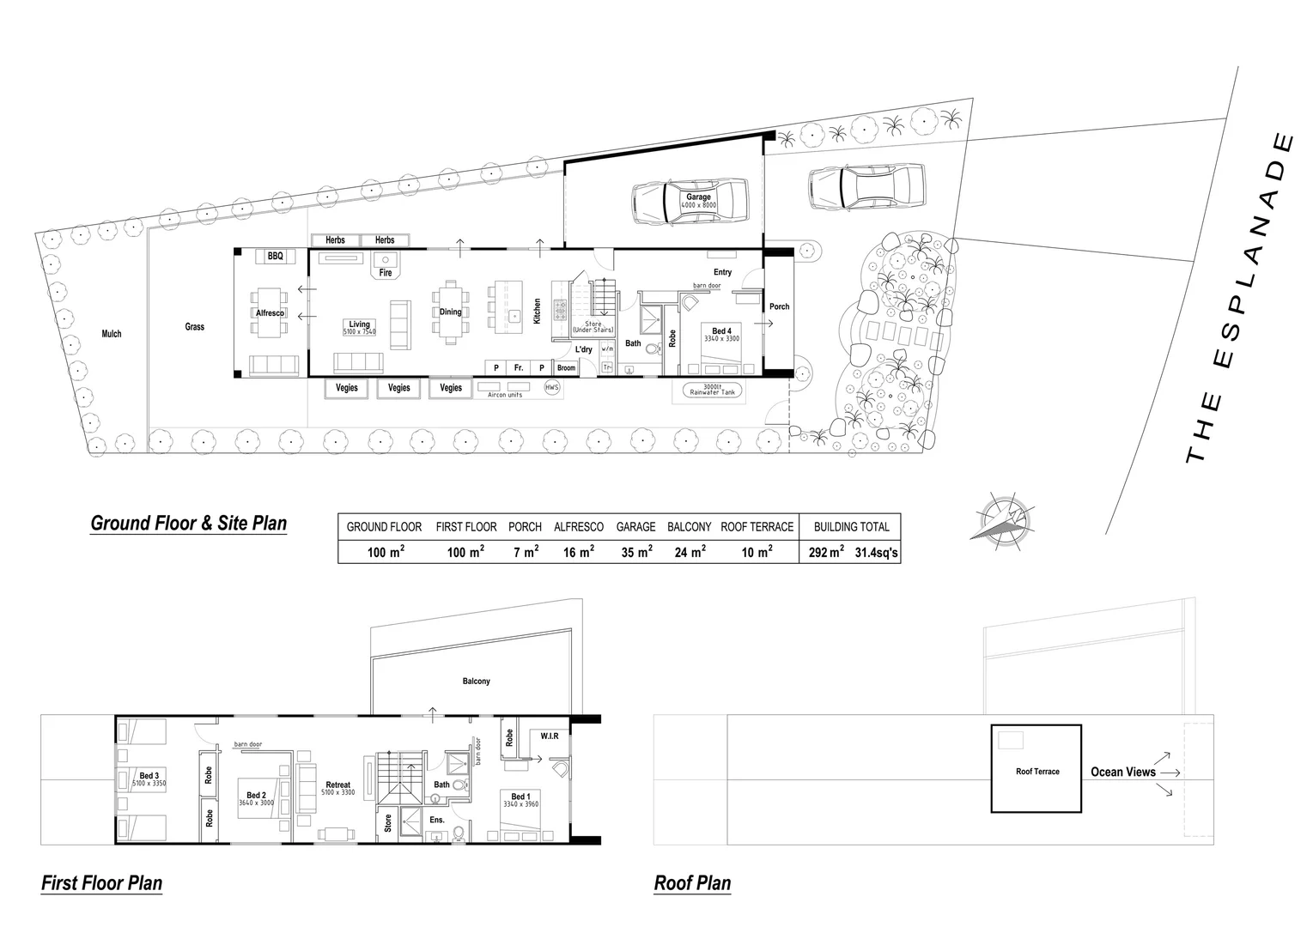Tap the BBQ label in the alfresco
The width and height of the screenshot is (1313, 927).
275,257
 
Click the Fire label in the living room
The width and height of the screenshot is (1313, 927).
386,273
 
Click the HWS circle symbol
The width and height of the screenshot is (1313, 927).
552,388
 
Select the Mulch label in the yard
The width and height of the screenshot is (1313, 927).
112,334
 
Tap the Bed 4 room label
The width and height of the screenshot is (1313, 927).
721,331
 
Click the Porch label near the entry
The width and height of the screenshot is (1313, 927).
779,306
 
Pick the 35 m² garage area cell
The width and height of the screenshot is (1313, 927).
635,553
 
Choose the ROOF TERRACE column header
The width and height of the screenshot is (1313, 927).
757,527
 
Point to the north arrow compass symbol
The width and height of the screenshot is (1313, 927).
1000,520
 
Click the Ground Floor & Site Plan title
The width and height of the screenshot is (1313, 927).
188,524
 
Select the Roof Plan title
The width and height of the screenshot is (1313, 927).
692,882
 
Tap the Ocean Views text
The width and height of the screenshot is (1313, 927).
1122,772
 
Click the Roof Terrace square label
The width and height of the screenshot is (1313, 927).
1037,772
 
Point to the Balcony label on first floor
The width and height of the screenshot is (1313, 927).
477,682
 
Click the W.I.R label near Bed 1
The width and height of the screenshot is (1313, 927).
550,736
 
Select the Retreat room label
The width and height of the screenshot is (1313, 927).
337,785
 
